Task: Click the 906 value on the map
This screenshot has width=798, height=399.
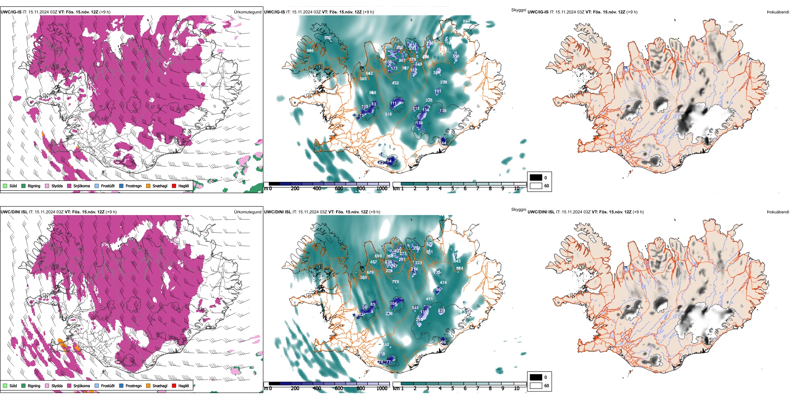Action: coord(310,51)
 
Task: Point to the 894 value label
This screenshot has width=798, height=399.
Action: coord(466,21)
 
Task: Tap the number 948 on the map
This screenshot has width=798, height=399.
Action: coord(373,93)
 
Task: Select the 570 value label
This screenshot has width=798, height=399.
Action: coord(328,38)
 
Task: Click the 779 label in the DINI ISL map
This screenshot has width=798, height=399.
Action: coord(395,282)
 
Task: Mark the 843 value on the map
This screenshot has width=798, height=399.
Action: coord(457,261)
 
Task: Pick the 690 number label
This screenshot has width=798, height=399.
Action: coord(378,256)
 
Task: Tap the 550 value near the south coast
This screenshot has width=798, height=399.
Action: coord(386,345)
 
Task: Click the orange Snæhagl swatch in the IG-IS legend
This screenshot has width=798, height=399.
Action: coord(149,186)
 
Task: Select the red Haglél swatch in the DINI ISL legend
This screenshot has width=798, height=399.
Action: coord(174,386)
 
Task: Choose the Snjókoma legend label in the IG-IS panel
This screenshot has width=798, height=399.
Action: coord(81,186)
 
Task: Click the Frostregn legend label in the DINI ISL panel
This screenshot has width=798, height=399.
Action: coord(134,386)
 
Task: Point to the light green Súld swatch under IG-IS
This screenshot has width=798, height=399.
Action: coord(5,186)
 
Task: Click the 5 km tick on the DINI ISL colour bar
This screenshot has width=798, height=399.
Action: coord(452,388)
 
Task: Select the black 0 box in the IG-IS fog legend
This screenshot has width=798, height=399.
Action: coord(535,178)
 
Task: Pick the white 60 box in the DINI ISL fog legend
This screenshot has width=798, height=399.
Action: coord(535,386)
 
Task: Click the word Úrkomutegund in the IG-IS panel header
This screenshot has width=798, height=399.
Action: coord(247,12)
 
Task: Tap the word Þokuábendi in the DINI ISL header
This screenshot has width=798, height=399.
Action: coord(777,212)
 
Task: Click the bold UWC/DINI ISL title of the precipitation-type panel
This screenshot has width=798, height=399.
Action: coord(14,212)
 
